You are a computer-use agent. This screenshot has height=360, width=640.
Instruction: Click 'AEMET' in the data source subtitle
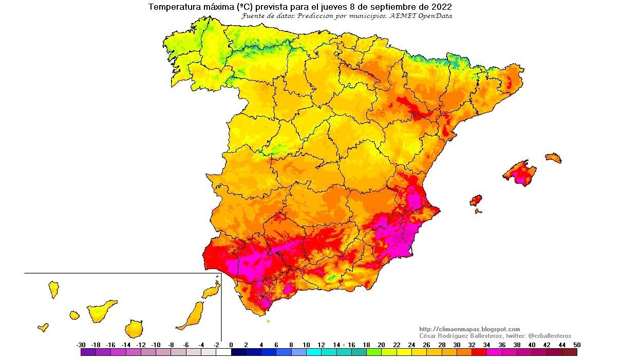(x=406, y=16)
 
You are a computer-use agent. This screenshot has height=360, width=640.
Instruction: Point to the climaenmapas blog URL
(x=469, y=329)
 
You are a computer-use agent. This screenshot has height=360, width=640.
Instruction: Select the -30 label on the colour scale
(x=81, y=345)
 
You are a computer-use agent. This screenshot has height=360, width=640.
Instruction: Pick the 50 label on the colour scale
(x=577, y=345)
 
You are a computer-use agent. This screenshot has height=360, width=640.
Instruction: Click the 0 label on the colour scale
(x=231, y=345)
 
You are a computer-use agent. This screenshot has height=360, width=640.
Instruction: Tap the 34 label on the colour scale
(x=487, y=345)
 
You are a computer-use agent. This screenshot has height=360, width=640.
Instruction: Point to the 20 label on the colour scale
(x=381, y=345)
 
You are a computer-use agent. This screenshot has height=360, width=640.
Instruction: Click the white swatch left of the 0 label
(x=223, y=352)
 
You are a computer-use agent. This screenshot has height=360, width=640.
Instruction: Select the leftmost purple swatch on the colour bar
(x=88, y=352)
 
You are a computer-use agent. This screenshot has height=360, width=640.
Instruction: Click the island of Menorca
(x=554, y=158)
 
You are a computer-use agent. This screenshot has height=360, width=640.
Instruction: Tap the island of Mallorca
(x=519, y=172)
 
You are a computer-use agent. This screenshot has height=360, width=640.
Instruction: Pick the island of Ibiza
(x=476, y=200)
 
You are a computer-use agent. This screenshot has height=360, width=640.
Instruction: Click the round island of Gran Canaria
(x=134, y=328)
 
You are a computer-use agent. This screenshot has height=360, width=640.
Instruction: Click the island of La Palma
(x=53, y=289)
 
